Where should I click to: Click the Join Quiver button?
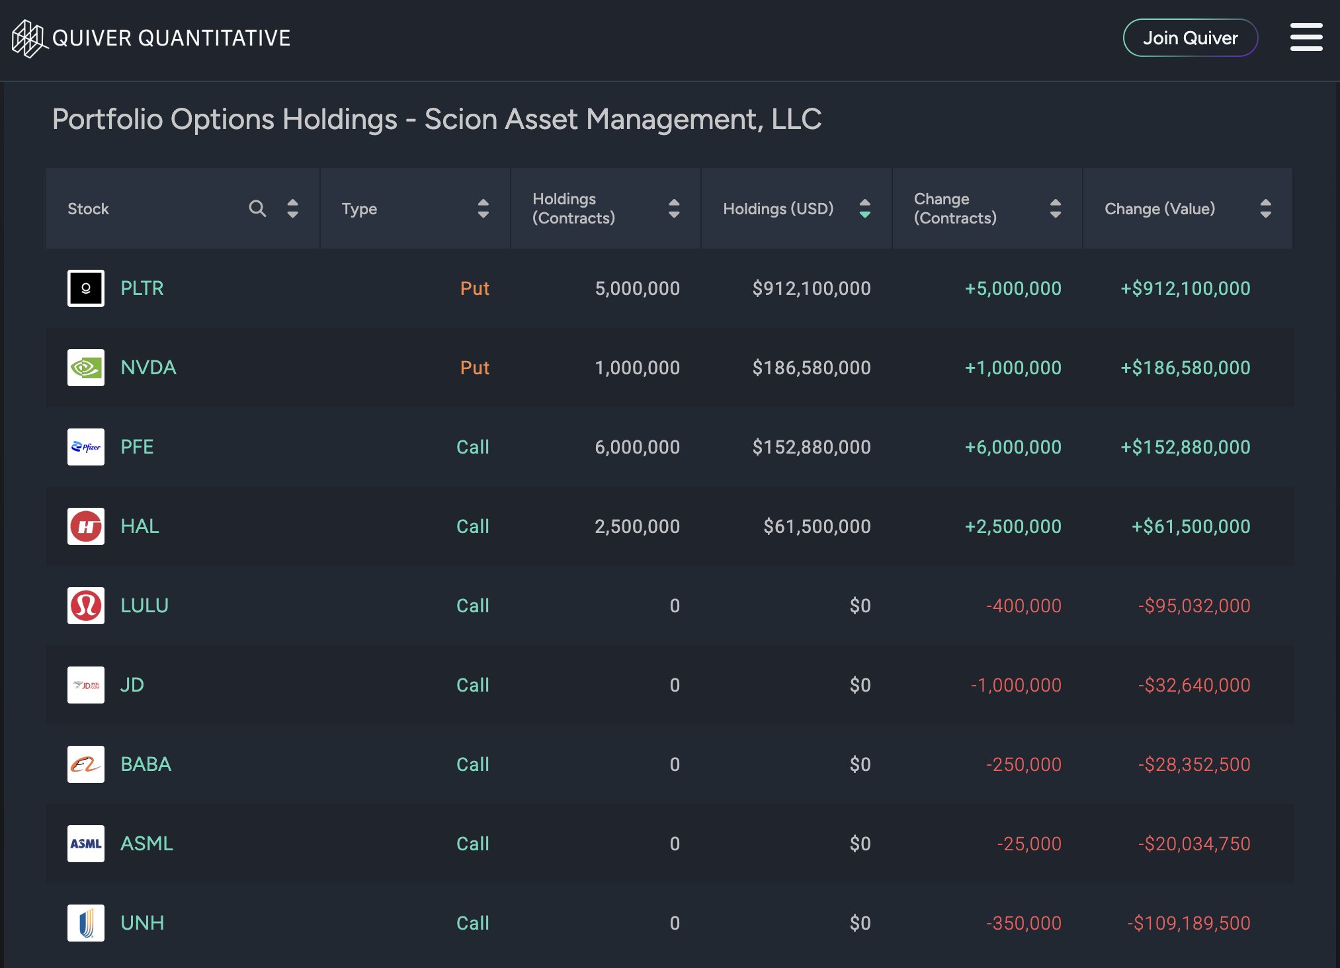[1190, 38]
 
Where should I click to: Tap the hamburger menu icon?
[1306, 37]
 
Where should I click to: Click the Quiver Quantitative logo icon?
[28, 38]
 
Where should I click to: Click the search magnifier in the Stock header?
[257, 209]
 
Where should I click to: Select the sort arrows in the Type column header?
[483, 209]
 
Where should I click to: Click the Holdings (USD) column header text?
[778, 209]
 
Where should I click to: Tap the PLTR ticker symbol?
[142, 288]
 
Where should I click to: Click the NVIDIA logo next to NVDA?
[86, 368]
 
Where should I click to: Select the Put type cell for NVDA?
[474, 368]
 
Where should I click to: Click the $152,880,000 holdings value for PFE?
[811, 447]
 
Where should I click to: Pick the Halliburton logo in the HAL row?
[86, 526]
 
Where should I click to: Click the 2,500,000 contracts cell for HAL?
[636, 526]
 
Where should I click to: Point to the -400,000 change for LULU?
[1023, 606]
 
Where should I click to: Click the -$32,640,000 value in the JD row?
[1194, 685]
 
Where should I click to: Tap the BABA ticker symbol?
[146, 764]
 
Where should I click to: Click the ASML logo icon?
[86, 844]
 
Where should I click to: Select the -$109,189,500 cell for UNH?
[1189, 923]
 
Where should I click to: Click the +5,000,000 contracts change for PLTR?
[1013, 288]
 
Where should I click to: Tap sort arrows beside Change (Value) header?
[1265, 209]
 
